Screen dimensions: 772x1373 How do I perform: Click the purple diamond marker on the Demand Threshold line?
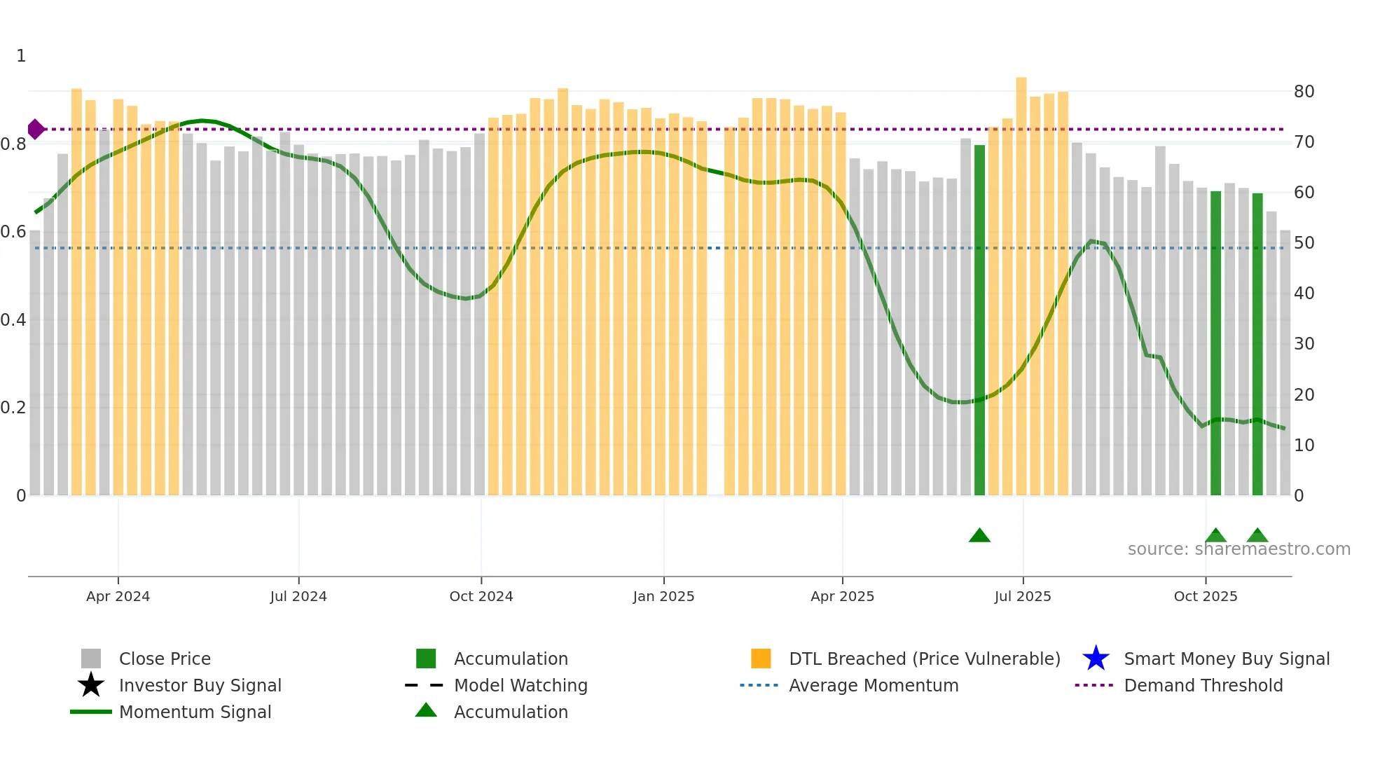point(36,130)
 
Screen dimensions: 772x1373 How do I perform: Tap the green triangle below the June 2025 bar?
point(979,536)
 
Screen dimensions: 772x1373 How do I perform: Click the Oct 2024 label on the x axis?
point(481,596)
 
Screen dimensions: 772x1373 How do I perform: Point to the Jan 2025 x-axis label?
point(663,596)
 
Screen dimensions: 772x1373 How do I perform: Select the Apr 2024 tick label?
point(118,596)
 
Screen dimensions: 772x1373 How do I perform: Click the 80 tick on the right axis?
point(1304,92)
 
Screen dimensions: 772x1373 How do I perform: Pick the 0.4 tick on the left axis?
point(13,320)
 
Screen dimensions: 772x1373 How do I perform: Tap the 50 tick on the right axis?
point(1304,243)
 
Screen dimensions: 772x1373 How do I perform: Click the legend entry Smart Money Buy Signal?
point(1227,659)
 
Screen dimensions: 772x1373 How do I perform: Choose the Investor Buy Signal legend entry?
point(200,686)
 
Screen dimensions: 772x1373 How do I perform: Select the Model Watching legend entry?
point(520,686)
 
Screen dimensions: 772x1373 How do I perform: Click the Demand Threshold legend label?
point(1203,686)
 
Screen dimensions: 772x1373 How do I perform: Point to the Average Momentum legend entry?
point(873,686)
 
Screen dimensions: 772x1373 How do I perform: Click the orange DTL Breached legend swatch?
point(761,659)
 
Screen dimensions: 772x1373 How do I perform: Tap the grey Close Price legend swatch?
point(91,659)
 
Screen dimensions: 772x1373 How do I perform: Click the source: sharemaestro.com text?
point(1239,549)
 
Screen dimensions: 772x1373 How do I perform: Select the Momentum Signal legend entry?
point(195,712)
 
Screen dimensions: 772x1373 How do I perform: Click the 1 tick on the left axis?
point(21,56)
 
